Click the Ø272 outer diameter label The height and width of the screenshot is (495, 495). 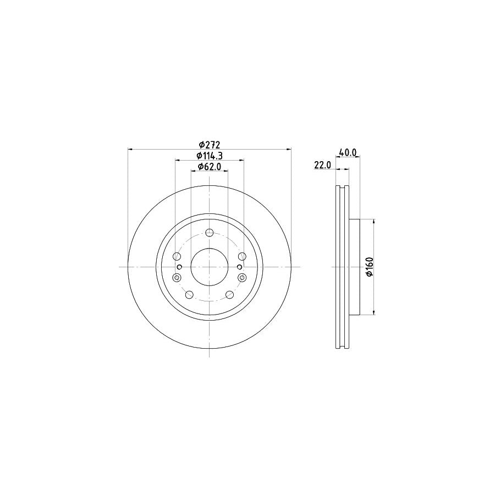click(210, 145)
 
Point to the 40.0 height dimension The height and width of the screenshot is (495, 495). click(348, 153)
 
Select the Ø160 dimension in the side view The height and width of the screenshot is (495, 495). click(370, 267)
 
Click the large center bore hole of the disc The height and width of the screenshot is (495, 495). click(210, 267)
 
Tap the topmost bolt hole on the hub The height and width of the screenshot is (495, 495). click(210, 233)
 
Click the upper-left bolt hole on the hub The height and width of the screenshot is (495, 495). click(177, 256)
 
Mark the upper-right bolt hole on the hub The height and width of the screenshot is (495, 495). click(242, 256)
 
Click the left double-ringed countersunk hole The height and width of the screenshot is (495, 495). click(177, 278)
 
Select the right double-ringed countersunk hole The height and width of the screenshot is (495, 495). click(243, 278)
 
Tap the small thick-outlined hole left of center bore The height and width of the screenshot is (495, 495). click(179, 267)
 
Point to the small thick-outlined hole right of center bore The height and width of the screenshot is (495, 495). click(239, 267)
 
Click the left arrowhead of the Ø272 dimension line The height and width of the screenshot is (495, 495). click(130, 149)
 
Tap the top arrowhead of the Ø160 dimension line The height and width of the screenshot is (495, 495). click(374, 222)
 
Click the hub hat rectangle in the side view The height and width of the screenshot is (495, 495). click(354, 267)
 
